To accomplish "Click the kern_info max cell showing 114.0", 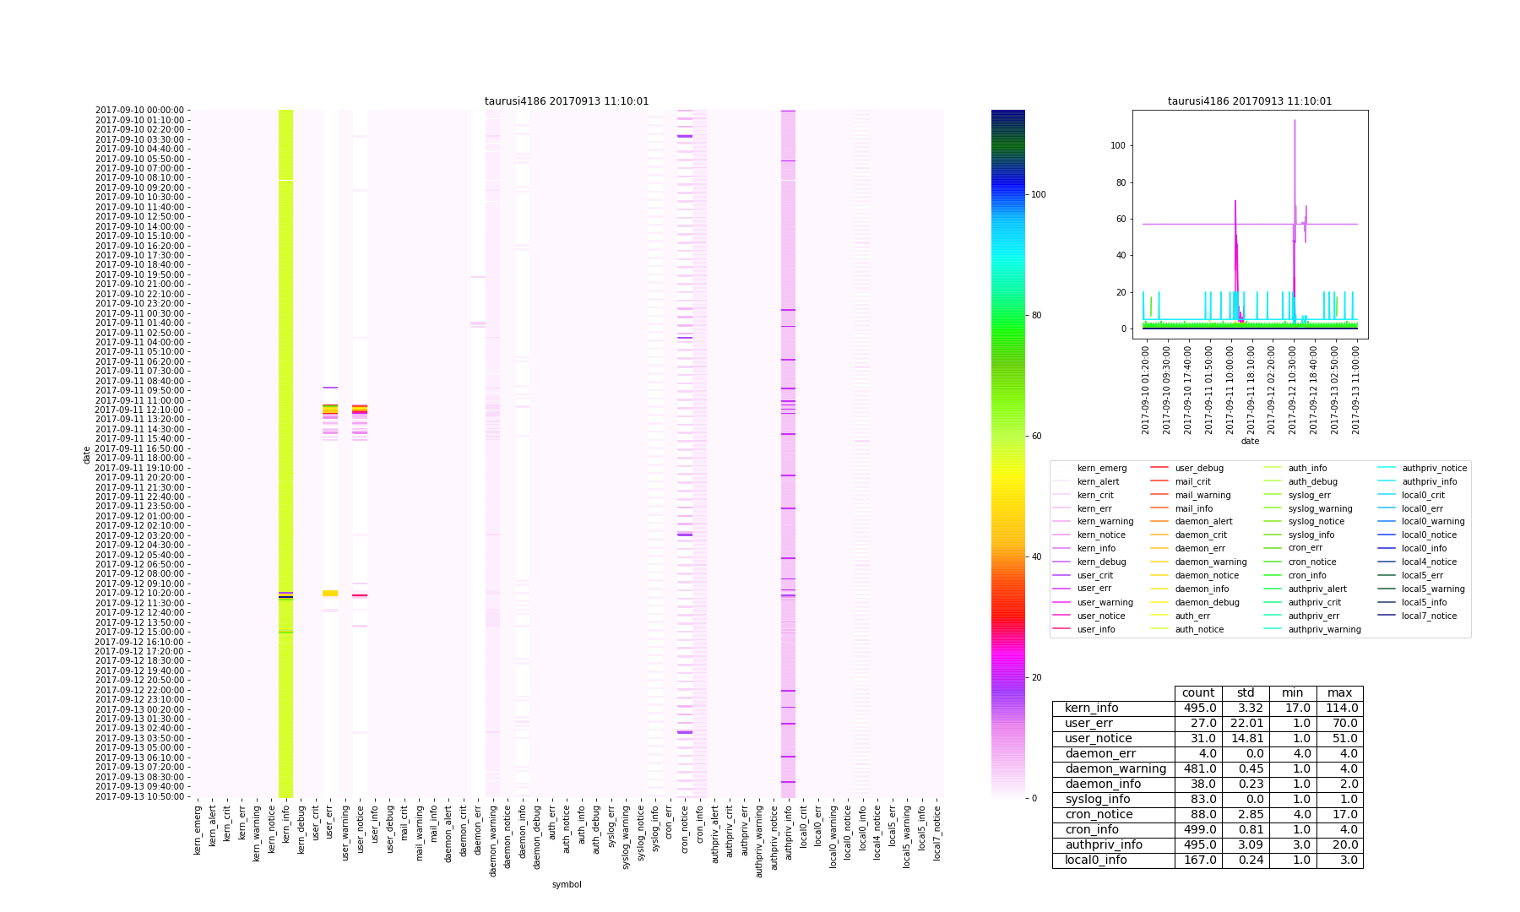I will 1339,708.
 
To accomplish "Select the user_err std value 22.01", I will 1246,724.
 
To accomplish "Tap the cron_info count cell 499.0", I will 1197,830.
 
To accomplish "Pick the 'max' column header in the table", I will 1339,693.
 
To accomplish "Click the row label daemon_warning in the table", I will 1115,769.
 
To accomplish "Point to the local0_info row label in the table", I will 1095,860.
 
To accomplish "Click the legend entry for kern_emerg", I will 1101,469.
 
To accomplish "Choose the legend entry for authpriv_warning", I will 1324,629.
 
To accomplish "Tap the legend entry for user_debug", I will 1198,469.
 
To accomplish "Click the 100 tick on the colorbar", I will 1038,194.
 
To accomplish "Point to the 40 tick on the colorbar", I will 1038,557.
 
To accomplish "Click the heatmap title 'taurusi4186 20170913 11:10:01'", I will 567,101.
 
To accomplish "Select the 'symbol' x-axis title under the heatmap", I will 567,884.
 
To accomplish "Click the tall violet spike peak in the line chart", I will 1295,121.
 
